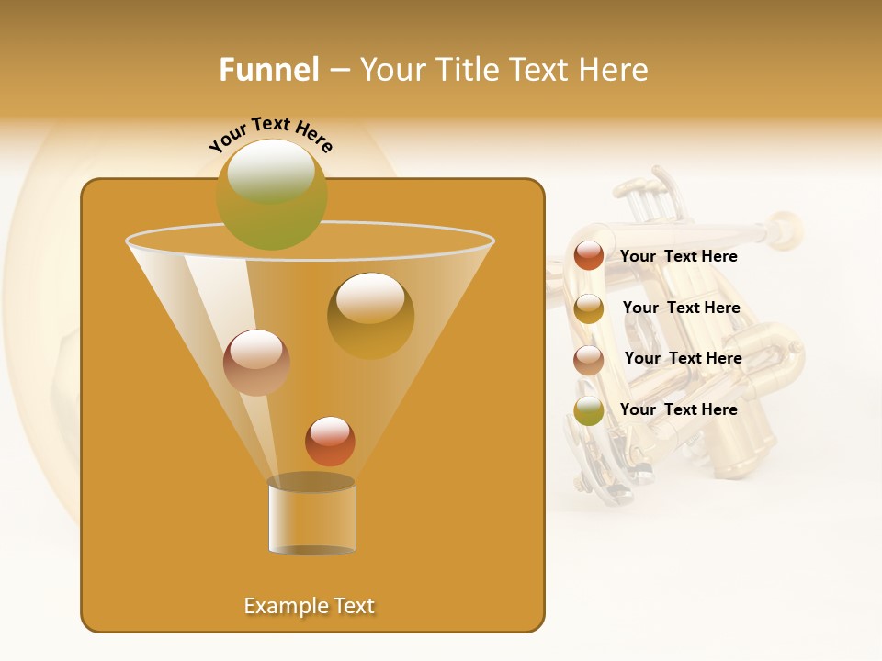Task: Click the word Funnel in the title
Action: (269, 70)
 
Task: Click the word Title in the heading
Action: (466, 70)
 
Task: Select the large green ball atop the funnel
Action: (272, 194)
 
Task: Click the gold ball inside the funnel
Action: (370, 315)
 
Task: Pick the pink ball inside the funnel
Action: (256, 363)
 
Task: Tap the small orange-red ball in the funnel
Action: (330, 441)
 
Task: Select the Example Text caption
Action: (310, 606)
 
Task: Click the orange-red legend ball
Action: (589, 255)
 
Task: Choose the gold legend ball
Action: (589, 308)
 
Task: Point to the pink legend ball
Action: (589, 360)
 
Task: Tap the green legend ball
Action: (589, 410)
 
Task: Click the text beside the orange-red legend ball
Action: (678, 256)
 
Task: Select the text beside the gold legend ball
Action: (681, 308)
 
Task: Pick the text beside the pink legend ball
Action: (683, 358)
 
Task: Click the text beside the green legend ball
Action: (678, 409)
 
